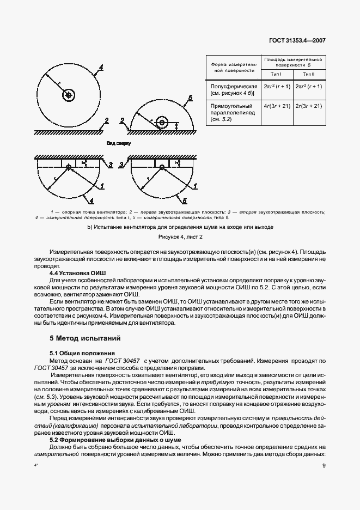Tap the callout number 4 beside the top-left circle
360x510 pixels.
click(101, 68)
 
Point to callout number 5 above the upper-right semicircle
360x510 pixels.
click(189, 98)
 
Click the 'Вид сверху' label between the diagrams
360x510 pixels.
click(119, 143)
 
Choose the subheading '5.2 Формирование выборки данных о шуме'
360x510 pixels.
click(115, 439)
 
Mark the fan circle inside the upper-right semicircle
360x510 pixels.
click(162, 122)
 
